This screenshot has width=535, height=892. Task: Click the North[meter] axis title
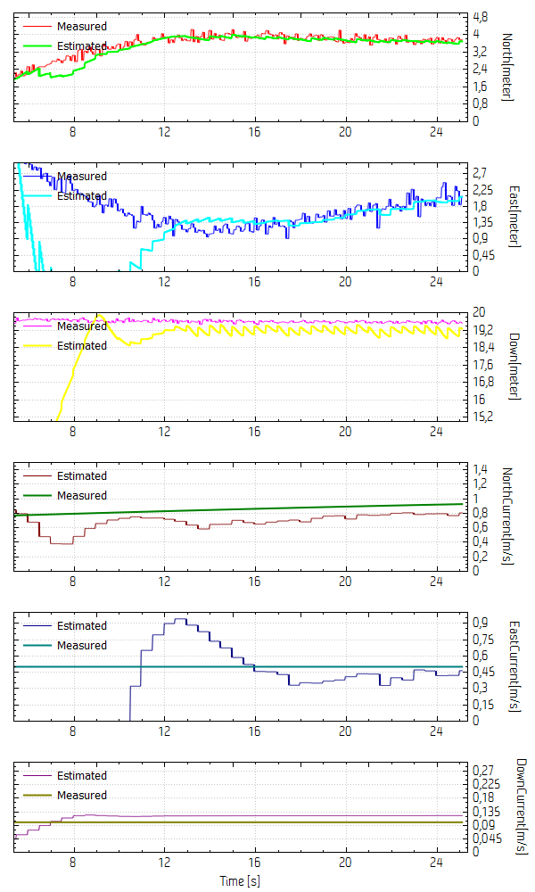(x=506, y=68)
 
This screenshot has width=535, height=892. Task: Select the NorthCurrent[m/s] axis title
(x=506, y=516)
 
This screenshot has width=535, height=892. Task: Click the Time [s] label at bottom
(x=241, y=881)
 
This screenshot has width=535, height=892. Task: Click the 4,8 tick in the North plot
(x=480, y=17)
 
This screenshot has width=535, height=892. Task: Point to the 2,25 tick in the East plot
(x=481, y=189)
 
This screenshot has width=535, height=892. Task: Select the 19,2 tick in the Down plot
(x=482, y=329)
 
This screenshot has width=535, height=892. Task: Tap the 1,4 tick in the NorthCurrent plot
(x=479, y=469)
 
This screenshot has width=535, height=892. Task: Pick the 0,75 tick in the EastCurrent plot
(x=481, y=639)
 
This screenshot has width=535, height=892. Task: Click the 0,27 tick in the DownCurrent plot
(x=481, y=769)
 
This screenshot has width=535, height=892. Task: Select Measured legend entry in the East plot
(x=82, y=176)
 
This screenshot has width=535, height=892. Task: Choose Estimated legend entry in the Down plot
(x=82, y=345)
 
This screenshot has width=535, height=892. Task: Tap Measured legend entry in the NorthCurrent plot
(x=82, y=495)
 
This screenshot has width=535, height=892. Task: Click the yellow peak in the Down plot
(x=99, y=315)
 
